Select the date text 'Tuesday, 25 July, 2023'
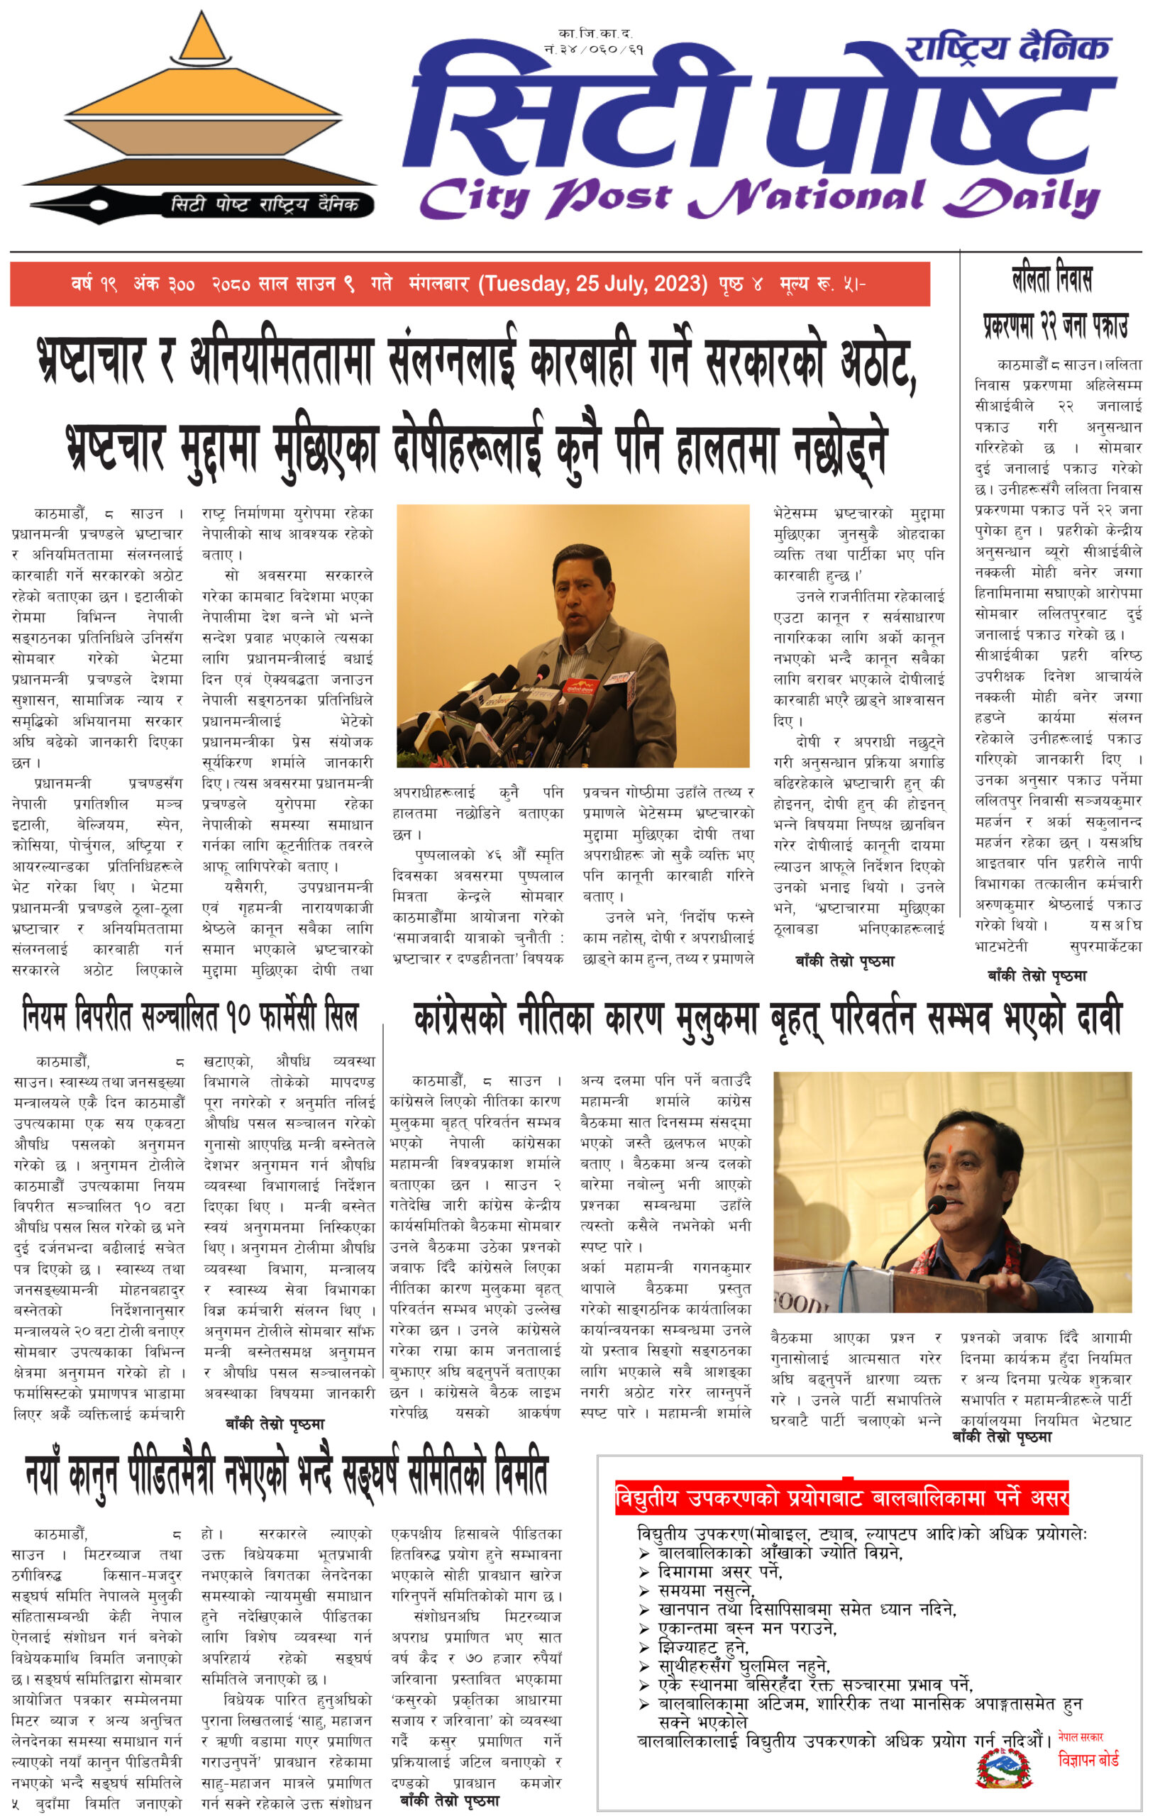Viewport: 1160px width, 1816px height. coord(595,284)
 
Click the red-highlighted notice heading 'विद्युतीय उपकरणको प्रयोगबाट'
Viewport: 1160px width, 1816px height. coord(841,1497)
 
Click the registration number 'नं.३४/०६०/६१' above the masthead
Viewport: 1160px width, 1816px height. coord(595,50)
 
